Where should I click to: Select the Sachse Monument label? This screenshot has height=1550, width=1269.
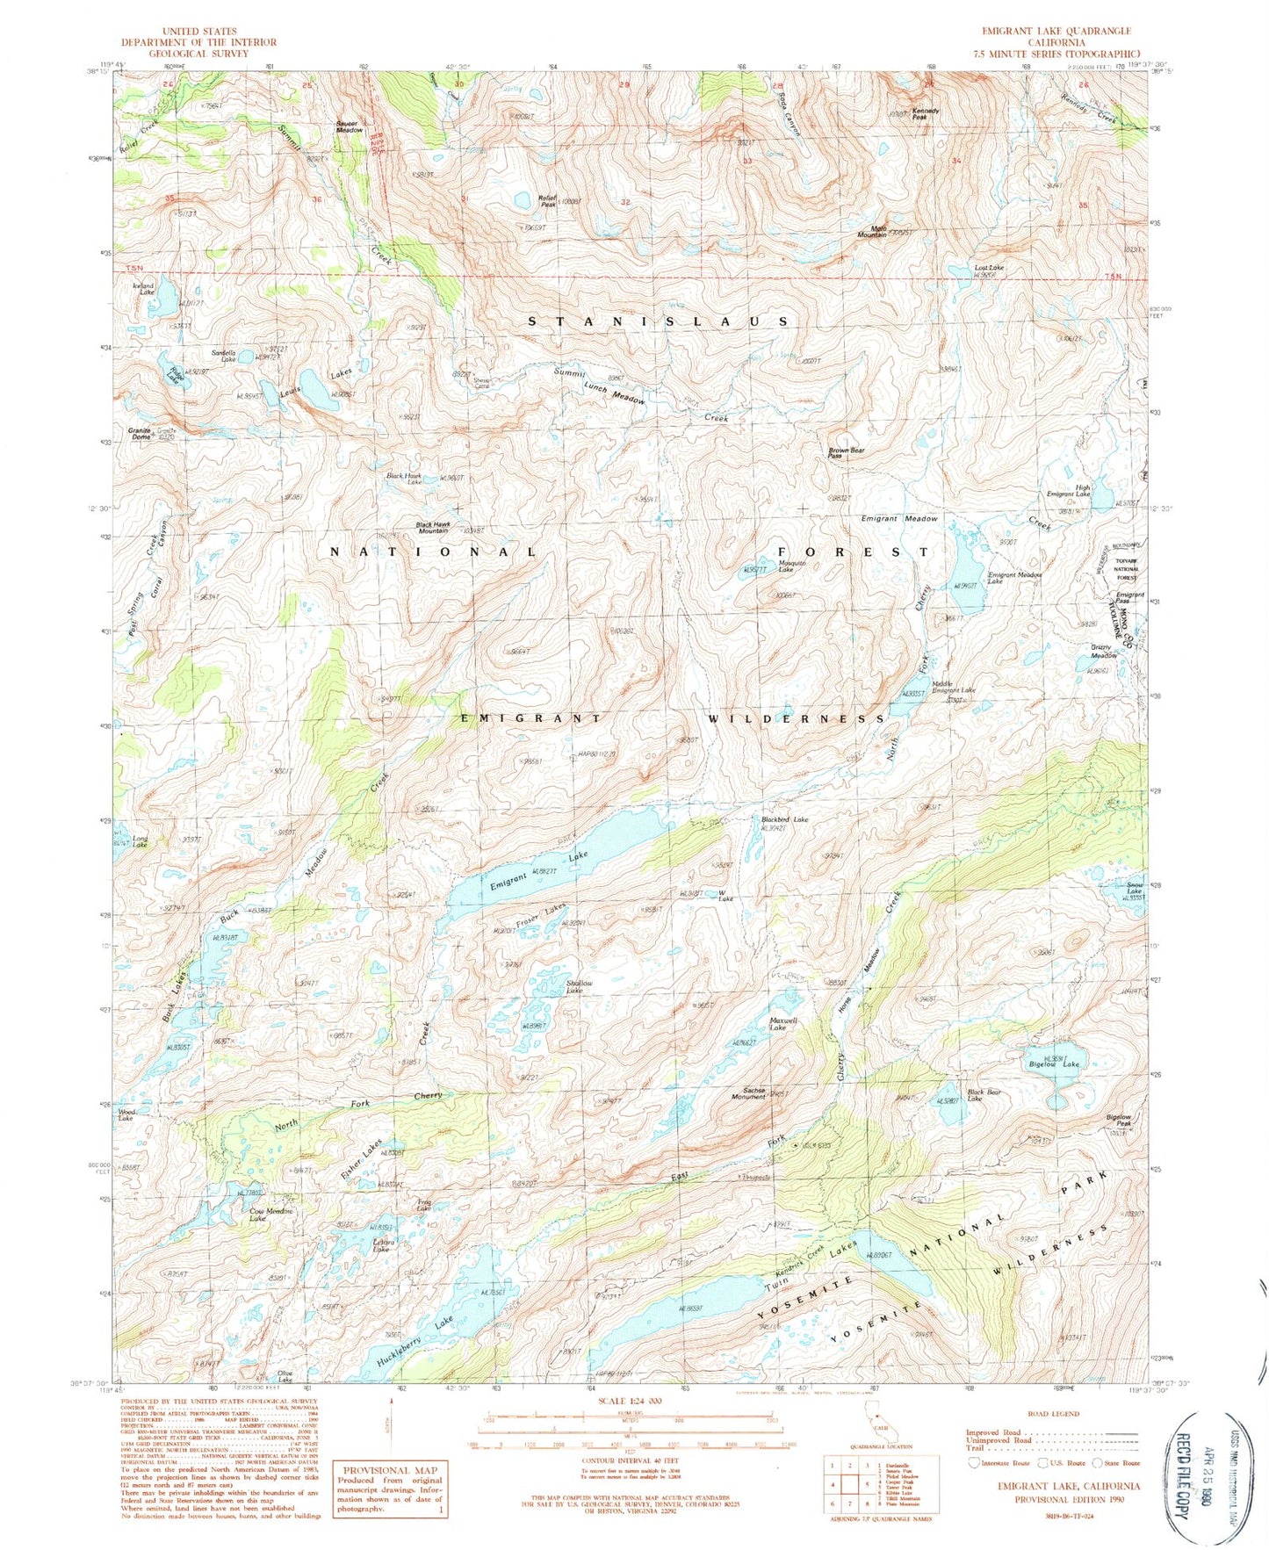coord(749,1093)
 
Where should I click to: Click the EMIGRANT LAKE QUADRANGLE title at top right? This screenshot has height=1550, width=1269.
coord(1056,31)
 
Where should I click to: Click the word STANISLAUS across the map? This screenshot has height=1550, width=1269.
coord(658,321)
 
